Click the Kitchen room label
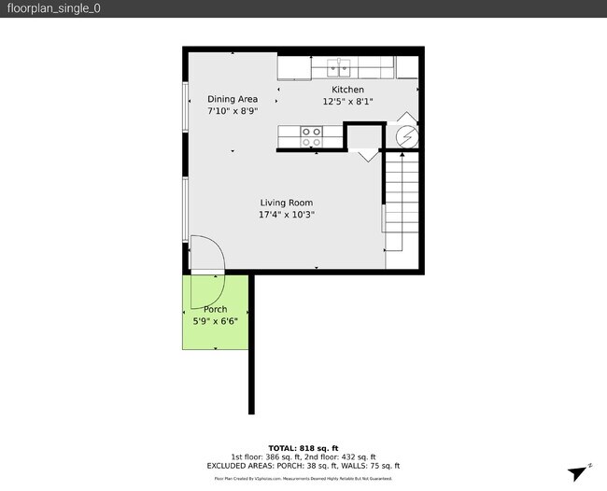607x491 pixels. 348,90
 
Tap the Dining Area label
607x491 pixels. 233,99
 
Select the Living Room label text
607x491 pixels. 286,203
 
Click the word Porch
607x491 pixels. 215,310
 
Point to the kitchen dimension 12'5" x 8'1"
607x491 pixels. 348,101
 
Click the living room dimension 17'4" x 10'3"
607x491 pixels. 286,215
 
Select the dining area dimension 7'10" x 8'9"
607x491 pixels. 233,110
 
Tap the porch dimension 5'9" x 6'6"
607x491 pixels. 215,321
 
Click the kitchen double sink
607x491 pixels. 340,67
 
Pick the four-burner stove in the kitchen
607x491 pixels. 311,137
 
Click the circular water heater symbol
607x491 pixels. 406,137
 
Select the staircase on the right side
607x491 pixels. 402,201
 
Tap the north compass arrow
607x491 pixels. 579,472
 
